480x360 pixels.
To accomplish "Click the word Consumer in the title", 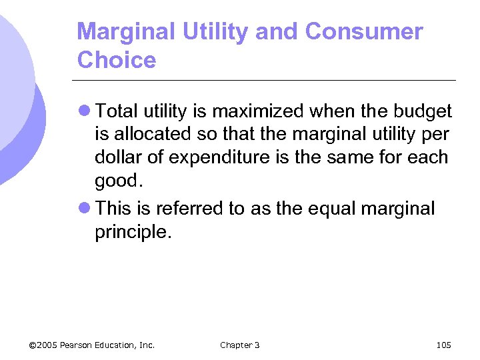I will tap(364, 31).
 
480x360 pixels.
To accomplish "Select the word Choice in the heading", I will tap(117, 60).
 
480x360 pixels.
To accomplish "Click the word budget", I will tap(421, 111).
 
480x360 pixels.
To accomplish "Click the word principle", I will tap(130, 233).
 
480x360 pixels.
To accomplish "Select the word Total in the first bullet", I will tap(118, 111).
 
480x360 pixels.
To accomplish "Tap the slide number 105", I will tap(443, 345).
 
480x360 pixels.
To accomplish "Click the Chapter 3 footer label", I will tap(240, 345).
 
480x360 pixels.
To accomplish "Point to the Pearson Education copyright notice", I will tap(92, 345).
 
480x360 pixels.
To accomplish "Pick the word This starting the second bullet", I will tap(113, 209).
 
